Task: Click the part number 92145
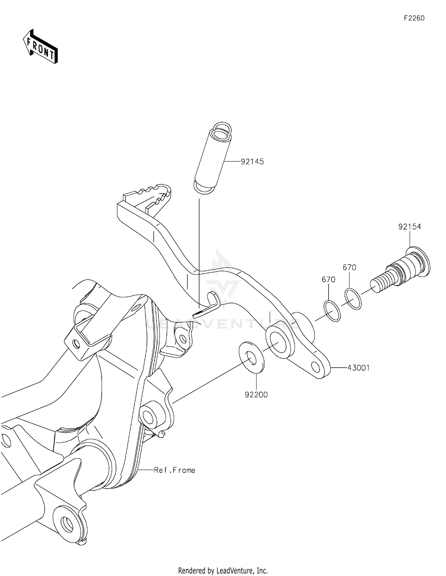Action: click(x=252, y=162)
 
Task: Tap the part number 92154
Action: click(x=409, y=227)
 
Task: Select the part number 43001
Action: click(x=358, y=368)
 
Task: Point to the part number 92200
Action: click(x=256, y=395)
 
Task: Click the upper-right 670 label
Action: click(x=349, y=267)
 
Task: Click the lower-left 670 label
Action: click(x=329, y=280)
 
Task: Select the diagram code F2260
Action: click(x=414, y=18)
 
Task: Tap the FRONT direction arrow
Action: click(x=40, y=47)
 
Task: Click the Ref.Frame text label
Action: click(x=175, y=470)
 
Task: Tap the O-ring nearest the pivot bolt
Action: click(x=353, y=299)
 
